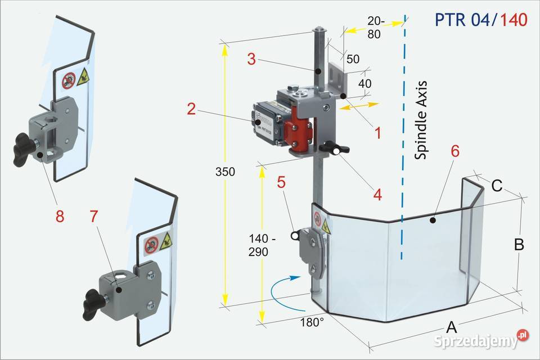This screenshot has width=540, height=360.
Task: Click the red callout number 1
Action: pyautogui.click(x=378, y=133)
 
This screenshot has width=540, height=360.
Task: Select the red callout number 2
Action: pyautogui.click(x=191, y=109)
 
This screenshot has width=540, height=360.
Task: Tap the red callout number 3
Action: pyautogui.click(x=252, y=59)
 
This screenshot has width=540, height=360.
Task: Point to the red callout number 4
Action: pyautogui.click(x=378, y=195)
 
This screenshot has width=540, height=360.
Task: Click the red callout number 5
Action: pyautogui.click(x=281, y=182)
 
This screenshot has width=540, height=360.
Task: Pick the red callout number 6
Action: pyautogui.click(x=455, y=151)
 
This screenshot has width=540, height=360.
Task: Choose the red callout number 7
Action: pyautogui.click(x=94, y=216)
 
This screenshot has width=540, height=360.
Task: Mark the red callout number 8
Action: pyautogui.click(x=60, y=217)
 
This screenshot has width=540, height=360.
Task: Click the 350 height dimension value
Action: pyautogui.click(x=225, y=172)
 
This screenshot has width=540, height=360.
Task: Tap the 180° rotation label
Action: pyautogui.click(x=312, y=322)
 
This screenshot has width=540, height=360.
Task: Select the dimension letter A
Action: pyautogui.click(x=451, y=327)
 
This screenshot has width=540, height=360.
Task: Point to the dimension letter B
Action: pyautogui.click(x=519, y=245)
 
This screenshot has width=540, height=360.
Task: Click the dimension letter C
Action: pyautogui.click(x=497, y=186)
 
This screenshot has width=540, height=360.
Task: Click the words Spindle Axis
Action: pyautogui.click(x=421, y=120)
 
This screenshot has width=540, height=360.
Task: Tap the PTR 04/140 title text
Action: pyautogui.click(x=481, y=20)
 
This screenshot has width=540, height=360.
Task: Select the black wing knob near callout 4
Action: pyautogui.click(x=334, y=150)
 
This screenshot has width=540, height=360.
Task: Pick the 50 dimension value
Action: pyautogui.click(x=353, y=59)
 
